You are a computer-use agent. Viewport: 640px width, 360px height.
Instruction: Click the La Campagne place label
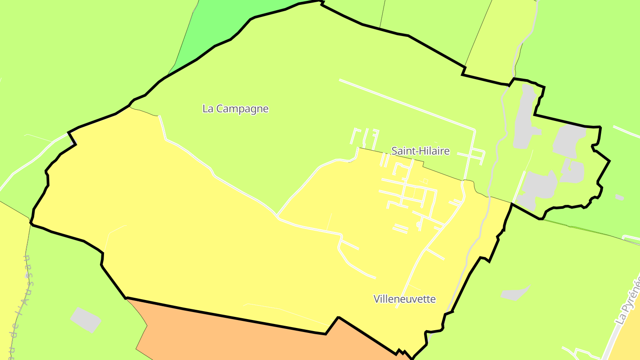pos(235,109)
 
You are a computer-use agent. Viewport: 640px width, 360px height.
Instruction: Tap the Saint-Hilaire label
pos(420,151)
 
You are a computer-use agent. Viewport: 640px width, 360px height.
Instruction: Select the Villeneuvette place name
pos(404,299)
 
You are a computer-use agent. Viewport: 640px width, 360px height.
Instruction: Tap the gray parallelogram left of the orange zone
pos(85,320)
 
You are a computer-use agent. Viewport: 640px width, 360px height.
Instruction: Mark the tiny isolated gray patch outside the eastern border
pos(619,197)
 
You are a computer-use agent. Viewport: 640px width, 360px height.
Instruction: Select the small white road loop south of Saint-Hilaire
pos(418,225)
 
